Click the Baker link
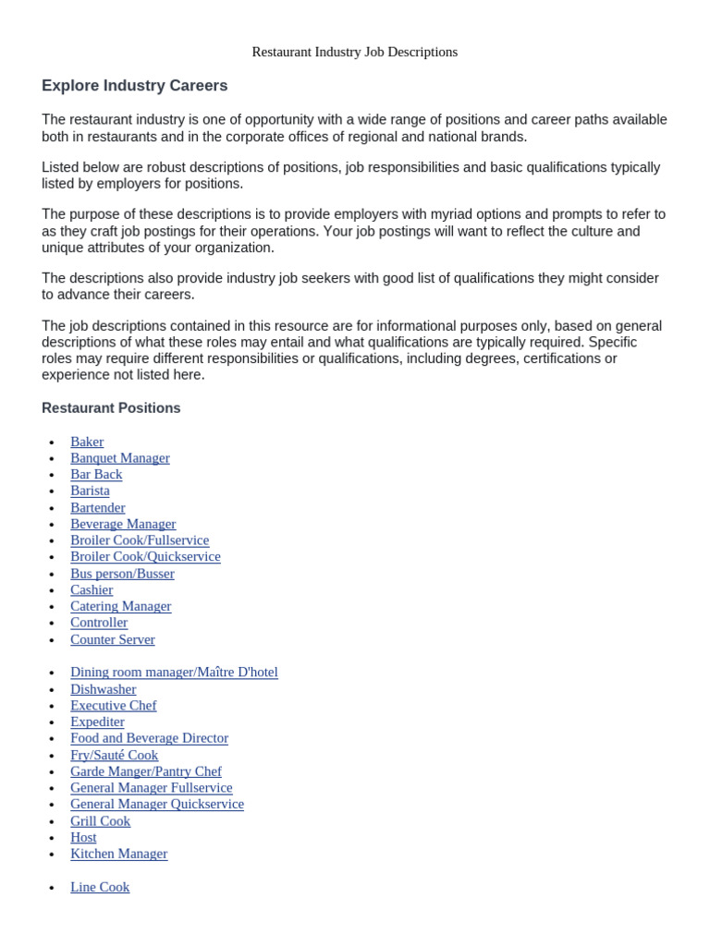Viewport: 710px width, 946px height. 87,442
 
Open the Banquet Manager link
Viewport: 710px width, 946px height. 120,458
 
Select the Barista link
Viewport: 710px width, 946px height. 90,491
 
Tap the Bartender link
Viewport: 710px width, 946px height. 98,507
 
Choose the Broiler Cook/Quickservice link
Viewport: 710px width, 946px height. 145,556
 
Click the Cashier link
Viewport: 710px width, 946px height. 92,589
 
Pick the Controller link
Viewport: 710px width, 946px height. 99,623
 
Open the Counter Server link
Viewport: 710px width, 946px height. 113,639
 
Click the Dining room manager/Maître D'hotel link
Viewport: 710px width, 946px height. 174,672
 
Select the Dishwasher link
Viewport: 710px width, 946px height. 104,688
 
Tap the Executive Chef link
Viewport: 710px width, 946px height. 114,705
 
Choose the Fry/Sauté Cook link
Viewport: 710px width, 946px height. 115,755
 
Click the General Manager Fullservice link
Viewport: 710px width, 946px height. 152,787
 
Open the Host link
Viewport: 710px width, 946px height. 83,837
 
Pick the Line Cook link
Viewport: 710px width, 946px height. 100,887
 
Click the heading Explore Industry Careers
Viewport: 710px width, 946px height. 134,86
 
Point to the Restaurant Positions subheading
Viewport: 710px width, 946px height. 111,408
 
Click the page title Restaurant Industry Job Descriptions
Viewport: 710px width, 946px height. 355,52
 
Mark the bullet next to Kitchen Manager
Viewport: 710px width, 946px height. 52,855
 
